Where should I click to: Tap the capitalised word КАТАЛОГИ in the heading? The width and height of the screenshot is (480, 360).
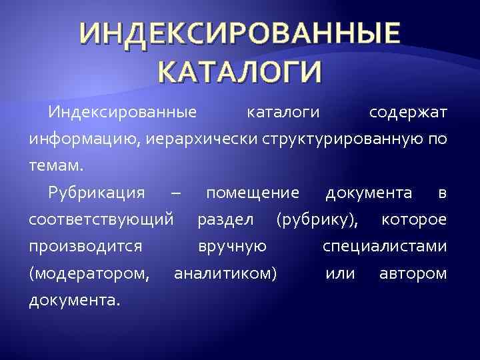pyautogui.click(x=240, y=70)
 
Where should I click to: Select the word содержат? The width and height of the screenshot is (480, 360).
pyautogui.click(x=408, y=113)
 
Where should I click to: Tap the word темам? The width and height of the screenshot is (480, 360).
pyautogui.click(x=55, y=167)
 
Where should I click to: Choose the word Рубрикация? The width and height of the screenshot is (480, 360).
pyautogui.click(x=96, y=193)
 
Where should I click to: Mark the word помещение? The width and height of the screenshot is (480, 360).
pyautogui.click(x=253, y=193)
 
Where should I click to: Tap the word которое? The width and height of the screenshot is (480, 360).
pyautogui.click(x=414, y=220)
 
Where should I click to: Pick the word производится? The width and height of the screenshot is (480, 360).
pyautogui.click(x=85, y=247)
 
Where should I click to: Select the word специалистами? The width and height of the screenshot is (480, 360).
pyautogui.click(x=385, y=247)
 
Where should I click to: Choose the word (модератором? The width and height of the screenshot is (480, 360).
pyautogui.click(x=89, y=273)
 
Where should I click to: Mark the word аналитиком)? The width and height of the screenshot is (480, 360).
pyautogui.click(x=225, y=273)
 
